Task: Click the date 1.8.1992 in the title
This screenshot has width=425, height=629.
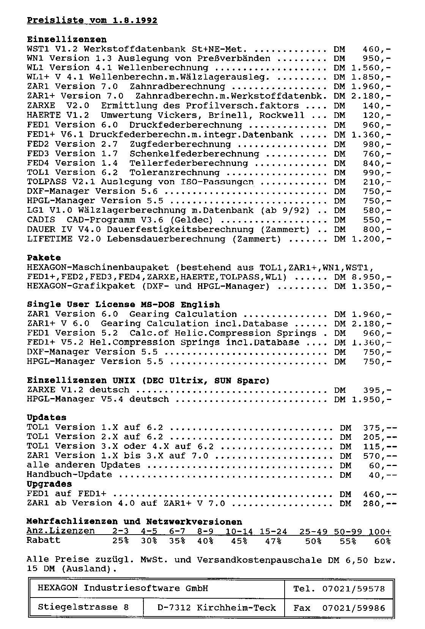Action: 135,20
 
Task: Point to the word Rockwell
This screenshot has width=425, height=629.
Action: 282,115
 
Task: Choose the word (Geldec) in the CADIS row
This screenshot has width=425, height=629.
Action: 191,220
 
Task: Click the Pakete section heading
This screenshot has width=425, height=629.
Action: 44,258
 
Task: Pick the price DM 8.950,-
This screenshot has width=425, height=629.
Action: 363,277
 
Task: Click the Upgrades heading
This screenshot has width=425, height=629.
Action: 49,484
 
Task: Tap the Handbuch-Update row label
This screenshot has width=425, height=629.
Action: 69,475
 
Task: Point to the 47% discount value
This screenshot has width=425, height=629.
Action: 273,541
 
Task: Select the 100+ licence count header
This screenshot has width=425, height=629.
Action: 379,532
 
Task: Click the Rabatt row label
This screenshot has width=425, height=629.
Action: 43,540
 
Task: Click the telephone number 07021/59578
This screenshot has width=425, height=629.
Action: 354,589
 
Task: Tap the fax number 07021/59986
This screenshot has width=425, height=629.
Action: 354,608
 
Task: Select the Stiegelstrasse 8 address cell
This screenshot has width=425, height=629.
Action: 83,607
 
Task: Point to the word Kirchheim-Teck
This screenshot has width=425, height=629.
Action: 236,608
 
